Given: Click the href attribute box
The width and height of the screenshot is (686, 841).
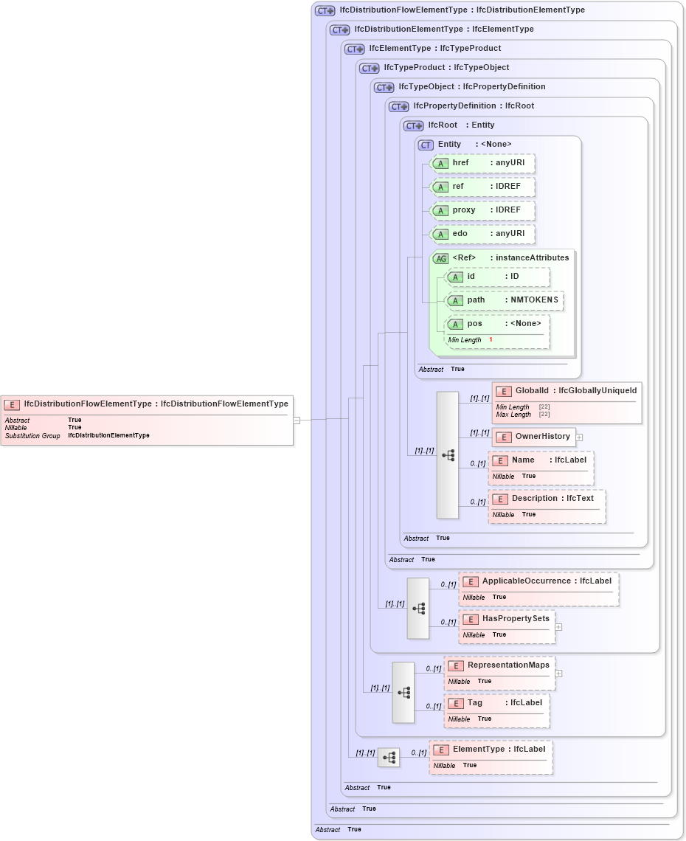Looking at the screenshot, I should [482, 163].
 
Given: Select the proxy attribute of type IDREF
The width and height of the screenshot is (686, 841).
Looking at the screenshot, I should [482, 210].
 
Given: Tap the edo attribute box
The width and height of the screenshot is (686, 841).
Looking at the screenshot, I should [482, 234].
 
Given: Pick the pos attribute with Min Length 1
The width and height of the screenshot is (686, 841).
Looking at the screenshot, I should [497, 324].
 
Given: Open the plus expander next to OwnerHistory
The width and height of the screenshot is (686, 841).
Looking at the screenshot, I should [580, 437].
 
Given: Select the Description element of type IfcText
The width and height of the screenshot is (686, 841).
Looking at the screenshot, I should [547, 499].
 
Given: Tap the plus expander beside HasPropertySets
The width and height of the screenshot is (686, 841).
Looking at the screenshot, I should [558, 627].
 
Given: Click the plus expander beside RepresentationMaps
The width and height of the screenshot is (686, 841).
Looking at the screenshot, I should [558, 673].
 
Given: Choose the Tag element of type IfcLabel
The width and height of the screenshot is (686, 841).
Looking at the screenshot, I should [496, 703].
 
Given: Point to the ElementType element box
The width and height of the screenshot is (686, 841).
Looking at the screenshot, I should [491, 750].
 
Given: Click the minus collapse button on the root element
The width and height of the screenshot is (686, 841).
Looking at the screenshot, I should [297, 420].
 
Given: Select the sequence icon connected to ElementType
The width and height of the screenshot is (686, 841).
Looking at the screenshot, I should [389, 758].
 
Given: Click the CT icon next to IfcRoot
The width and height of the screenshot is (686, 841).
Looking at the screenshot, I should [413, 125].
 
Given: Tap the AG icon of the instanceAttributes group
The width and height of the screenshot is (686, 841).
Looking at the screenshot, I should [441, 258].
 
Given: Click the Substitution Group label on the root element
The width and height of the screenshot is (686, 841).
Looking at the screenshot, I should [32, 436].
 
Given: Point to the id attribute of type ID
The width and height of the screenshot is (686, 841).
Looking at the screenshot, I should [497, 277].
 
